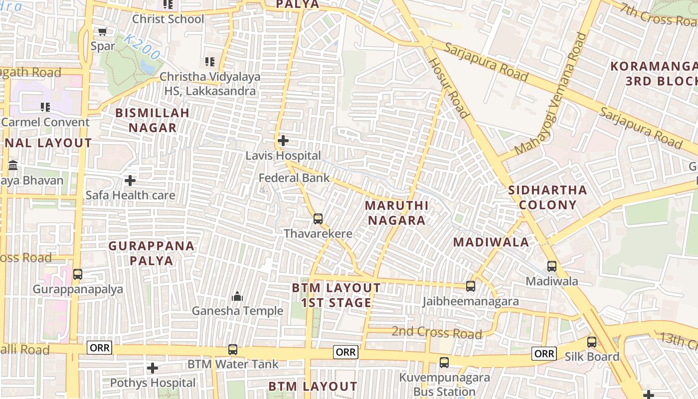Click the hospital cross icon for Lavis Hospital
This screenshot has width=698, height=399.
point(283,141)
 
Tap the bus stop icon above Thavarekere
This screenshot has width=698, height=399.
point(318,218)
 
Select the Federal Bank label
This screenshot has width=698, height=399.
point(294,178)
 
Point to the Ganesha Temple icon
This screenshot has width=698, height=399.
point(237,296)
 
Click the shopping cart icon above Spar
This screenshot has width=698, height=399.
point(103,31)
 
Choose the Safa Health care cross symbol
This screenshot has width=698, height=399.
point(130,180)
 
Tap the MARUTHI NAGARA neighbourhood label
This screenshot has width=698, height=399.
point(396,213)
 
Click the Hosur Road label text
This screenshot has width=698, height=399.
point(449,88)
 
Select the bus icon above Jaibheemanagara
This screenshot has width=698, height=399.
point(470,286)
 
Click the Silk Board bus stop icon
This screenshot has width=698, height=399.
point(592,342)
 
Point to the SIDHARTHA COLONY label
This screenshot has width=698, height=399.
point(547,198)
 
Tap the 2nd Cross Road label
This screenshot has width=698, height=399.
point(437,333)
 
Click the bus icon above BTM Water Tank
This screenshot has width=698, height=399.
point(233,350)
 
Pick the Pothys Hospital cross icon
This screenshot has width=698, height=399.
point(153,369)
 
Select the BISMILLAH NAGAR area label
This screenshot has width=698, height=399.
point(153,120)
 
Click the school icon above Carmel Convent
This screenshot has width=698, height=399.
point(45,107)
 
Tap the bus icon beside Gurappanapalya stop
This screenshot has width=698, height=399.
point(78,274)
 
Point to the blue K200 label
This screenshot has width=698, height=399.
point(142,47)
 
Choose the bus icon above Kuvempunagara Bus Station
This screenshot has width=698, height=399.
point(444,363)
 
